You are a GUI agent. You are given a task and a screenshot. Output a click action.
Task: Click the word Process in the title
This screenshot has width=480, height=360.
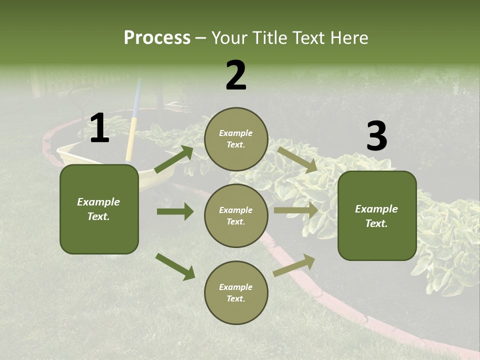click(157, 38)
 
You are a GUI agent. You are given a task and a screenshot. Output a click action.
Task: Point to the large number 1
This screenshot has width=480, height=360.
click(99, 128)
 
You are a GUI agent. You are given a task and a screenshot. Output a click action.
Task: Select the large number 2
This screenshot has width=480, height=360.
click(236, 75)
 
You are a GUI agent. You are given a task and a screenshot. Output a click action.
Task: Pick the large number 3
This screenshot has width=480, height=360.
click(376, 136)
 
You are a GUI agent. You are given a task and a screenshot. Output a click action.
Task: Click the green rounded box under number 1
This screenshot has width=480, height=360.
click(99, 209)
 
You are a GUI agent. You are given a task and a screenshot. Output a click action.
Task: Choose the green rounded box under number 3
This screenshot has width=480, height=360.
click(377, 216)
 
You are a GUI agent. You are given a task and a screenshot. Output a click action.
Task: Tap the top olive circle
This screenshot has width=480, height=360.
click(236, 139)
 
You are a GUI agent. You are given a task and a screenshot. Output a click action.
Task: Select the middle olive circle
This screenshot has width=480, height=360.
click(236, 216)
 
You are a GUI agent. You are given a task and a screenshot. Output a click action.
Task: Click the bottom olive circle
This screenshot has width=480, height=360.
click(236, 293)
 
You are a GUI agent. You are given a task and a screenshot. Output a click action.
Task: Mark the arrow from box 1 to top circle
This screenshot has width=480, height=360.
click(173, 159)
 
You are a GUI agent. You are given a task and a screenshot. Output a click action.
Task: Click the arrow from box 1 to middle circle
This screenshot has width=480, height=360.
click(175, 211)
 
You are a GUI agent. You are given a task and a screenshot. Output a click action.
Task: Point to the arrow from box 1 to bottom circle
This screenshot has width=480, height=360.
click(175, 266)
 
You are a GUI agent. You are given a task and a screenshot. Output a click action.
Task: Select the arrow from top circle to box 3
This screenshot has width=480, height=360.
click(297, 159)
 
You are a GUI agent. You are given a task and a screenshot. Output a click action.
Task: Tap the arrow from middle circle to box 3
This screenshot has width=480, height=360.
click(296, 210)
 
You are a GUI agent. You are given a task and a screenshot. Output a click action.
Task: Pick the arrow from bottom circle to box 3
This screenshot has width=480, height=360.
click(294, 265)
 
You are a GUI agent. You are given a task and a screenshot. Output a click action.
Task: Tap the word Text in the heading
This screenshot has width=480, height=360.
click(306, 38)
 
